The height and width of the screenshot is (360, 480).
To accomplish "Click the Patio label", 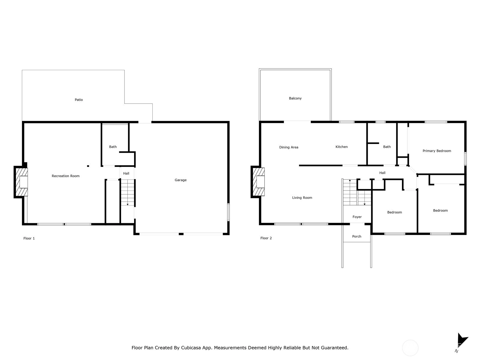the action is point(79,100).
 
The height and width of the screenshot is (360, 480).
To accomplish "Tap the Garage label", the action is point(180,180).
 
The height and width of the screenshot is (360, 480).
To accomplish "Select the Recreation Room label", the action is point(66,176).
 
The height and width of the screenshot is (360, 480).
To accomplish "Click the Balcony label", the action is point(295,98).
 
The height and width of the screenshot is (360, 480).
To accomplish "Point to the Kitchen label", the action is point(342,147).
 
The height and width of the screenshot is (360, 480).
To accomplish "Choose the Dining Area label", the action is point(289,147).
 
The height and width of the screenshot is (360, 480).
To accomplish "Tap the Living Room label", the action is point(302,198).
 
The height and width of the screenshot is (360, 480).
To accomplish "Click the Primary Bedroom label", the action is point(437,151).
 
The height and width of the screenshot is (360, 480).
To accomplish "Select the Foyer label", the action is point(357,217).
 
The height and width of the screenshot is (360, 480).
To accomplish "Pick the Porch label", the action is point(357,236).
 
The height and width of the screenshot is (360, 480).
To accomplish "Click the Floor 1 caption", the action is point(29,238).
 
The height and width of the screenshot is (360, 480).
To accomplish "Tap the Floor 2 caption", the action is point(266,238).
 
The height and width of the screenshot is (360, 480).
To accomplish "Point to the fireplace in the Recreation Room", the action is point(21,182).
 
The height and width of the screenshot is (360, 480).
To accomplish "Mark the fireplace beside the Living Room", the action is point(258,181).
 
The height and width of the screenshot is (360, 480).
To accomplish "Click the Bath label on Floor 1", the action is point(113,147).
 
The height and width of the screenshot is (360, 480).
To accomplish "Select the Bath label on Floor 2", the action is point(387,147).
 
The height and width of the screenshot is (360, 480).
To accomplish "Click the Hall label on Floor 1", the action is point(126,174).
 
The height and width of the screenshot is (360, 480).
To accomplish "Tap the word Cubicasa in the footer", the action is point(191,348).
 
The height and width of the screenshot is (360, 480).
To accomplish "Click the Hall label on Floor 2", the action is point(382,173).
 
